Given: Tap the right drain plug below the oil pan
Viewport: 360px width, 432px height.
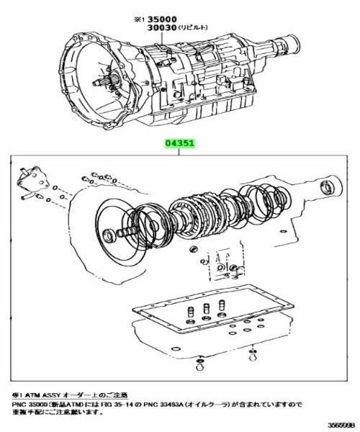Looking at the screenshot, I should (x=251, y=354).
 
